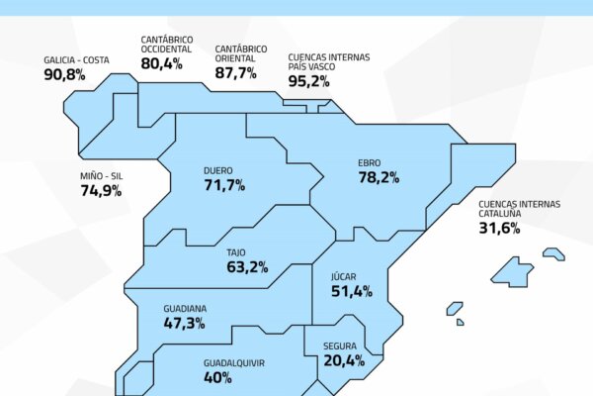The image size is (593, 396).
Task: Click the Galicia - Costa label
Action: click(x=76, y=59)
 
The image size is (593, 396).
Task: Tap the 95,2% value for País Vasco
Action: click(x=308, y=81)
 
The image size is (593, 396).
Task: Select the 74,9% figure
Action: click(x=101, y=191)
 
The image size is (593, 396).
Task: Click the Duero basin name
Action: click(x=217, y=169)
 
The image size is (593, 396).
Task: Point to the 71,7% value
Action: click(x=223, y=185)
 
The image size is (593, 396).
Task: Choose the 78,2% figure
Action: click(x=379, y=178)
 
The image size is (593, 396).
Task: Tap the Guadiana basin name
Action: click(x=185, y=308)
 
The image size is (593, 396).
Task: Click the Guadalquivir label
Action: click(x=233, y=362)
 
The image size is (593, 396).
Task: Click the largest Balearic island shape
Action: click(x=513, y=271)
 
